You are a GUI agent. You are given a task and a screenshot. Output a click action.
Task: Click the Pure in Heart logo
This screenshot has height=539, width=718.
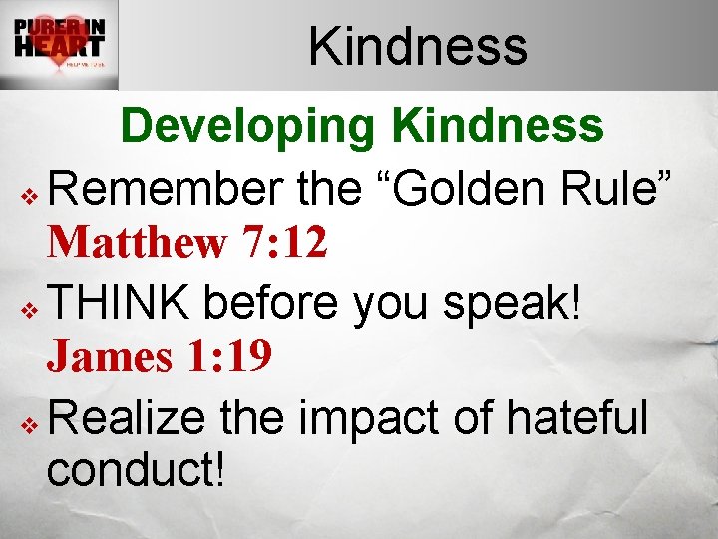pos(60,45)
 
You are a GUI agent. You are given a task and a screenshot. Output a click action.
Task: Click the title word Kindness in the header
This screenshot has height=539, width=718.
pos(417,46)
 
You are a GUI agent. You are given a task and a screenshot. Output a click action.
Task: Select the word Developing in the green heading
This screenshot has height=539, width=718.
pos(249,127)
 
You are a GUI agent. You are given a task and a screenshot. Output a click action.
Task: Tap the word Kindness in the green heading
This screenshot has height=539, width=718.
pos(498,127)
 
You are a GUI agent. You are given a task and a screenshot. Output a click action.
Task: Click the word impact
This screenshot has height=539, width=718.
pos(366,416)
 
